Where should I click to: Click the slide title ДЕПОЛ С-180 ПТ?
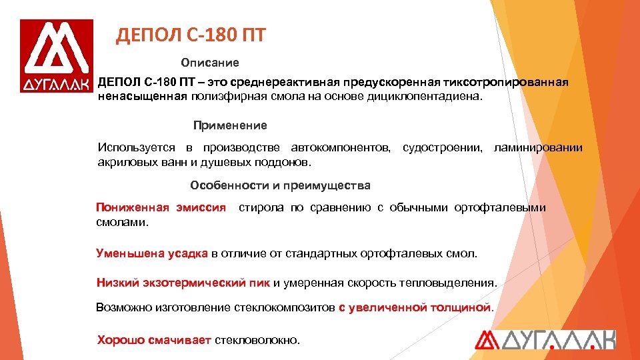point(191,35)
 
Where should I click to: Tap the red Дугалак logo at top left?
point(57,56)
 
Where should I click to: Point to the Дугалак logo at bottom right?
point(545,339)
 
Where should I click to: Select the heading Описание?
point(209,62)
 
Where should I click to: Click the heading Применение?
point(230,125)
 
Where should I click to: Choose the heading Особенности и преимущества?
point(280,185)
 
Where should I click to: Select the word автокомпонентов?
point(341,147)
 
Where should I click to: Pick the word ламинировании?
point(538,147)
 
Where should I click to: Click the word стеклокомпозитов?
point(285,307)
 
